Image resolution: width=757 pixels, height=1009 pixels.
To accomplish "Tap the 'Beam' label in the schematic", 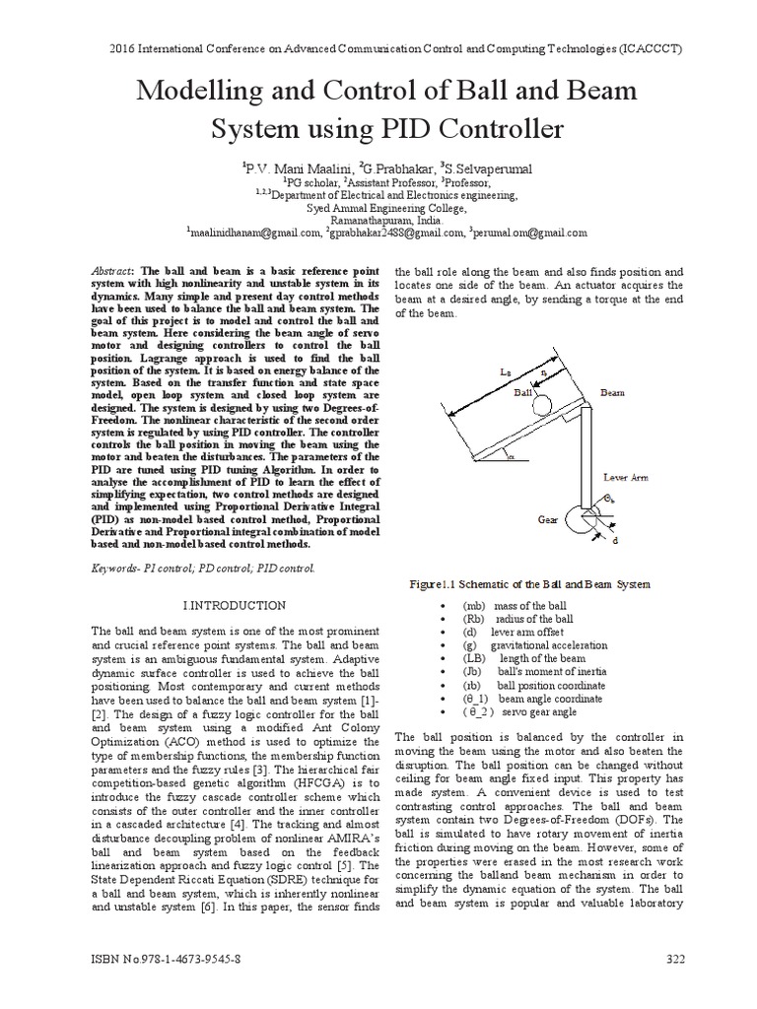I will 613,392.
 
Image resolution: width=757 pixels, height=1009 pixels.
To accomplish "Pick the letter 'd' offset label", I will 616,541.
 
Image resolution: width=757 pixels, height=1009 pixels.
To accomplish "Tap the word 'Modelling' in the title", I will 206,93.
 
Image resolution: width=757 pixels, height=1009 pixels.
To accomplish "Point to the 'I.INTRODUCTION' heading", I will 236,604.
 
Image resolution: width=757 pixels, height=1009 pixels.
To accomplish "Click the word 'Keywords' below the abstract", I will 115,569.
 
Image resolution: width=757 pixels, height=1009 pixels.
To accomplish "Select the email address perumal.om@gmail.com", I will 531,233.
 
